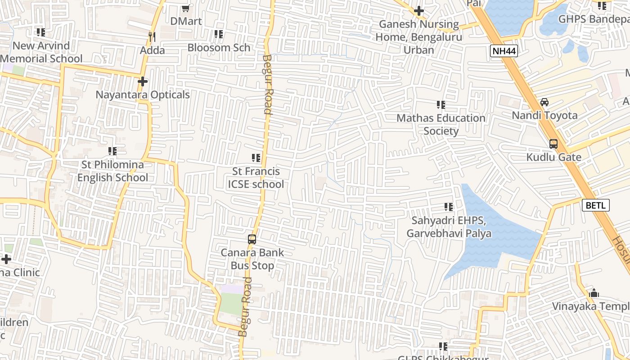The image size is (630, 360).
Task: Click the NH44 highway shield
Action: point(504,51)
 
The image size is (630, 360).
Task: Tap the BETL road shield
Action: point(596,206)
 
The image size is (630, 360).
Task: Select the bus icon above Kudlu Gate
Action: point(553,144)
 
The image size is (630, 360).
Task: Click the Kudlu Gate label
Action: point(553,157)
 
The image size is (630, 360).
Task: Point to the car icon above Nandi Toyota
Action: point(544,102)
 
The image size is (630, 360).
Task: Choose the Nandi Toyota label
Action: point(544,115)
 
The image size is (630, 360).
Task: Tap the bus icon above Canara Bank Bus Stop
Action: point(252,239)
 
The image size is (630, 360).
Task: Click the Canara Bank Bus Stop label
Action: point(252,259)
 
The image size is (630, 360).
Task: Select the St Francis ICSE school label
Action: point(256,178)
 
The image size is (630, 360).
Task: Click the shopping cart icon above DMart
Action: point(185,8)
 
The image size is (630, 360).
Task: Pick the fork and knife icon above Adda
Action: point(152,36)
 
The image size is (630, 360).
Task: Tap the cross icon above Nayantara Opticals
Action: point(143,81)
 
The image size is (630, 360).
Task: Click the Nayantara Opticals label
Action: point(143,95)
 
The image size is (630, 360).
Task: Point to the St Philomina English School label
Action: point(112,171)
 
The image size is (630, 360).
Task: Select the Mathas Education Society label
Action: point(441,125)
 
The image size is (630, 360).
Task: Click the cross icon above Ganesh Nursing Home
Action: point(419,10)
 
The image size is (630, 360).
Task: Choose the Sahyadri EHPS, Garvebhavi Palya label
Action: point(449,227)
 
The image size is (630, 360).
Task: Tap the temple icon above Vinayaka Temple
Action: point(594,293)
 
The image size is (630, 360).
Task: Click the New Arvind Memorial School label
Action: point(41,52)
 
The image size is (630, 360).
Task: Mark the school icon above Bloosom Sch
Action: point(219,34)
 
